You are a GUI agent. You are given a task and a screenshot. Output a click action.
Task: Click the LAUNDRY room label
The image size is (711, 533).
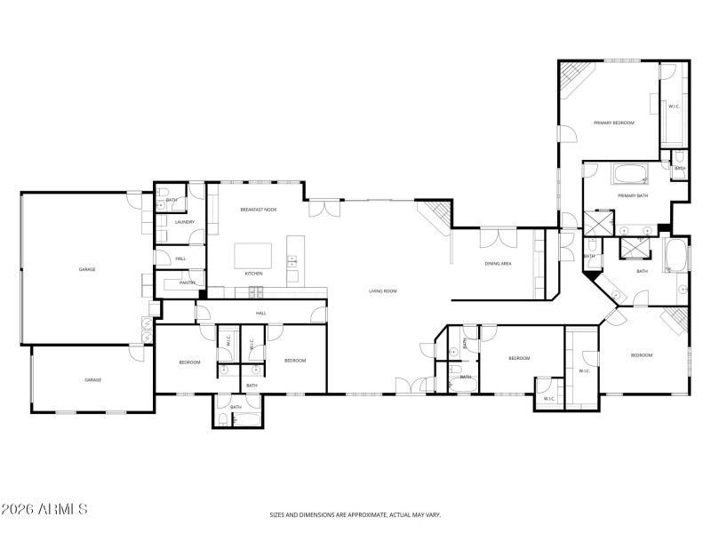[185, 222]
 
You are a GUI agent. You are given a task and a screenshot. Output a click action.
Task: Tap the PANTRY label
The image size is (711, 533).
[187, 282]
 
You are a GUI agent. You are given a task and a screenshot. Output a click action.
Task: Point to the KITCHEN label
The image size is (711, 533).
[254, 274]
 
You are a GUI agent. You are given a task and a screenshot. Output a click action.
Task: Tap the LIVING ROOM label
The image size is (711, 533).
[383, 291]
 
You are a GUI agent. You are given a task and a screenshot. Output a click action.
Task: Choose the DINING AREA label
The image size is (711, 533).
[498, 263]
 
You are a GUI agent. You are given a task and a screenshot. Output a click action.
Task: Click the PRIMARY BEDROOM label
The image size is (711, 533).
[614, 123]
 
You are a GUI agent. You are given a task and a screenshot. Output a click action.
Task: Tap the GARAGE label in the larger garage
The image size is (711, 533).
[87, 269]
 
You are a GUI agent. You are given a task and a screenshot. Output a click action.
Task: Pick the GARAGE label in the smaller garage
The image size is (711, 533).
[92, 379]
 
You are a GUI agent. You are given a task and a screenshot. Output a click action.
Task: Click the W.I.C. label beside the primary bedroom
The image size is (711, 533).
[674, 107]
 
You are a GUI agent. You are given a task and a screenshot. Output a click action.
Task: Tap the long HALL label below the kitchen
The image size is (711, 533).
[261, 313]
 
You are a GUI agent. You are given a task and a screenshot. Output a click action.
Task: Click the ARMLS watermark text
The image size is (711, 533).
[44, 510]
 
